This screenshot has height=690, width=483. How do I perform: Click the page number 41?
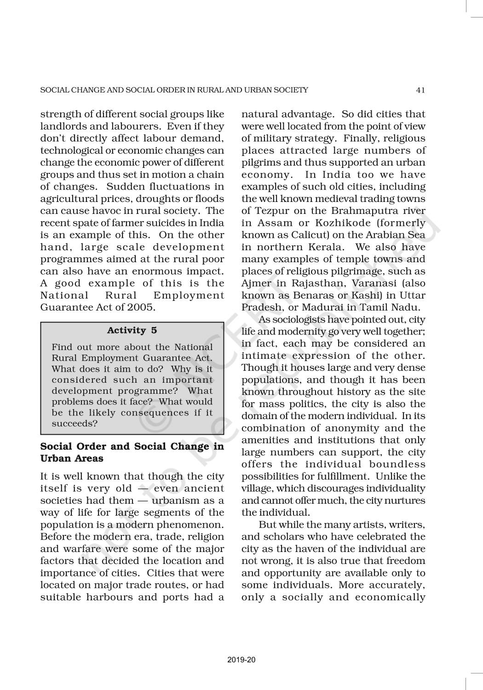pos(420,90)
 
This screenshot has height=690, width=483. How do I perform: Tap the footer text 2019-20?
pos(241,660)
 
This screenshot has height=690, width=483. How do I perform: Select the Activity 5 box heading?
pos(132,330)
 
